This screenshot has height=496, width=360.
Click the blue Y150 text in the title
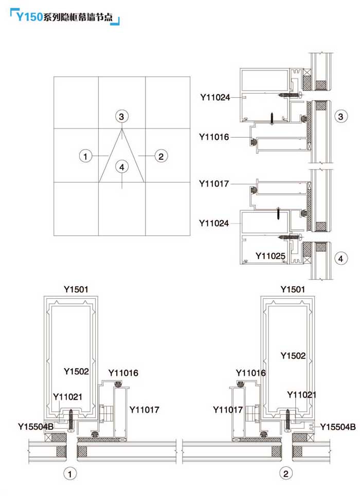tap(29, 16)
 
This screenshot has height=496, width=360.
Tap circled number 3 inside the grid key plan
tap(121, 116)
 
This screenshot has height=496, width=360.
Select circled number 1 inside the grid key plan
tap(85, 156)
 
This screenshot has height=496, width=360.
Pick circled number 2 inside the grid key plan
tap(161, 156)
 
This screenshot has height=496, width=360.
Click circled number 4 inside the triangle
tap(122, 167)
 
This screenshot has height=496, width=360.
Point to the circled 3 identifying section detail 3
tap(340, 116)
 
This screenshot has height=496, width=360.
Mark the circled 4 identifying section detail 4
tap(340, 259)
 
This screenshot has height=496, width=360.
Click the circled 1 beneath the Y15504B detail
tap(70, 474)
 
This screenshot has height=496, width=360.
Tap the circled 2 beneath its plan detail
tap(285, 473)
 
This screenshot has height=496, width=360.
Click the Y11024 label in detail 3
tap(215, 97)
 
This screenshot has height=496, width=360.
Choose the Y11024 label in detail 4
tap(214, 223)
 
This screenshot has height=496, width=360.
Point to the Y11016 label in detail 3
tap(214, 137)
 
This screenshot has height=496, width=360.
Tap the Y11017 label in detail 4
tap(214, 183)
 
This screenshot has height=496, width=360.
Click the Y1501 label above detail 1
tap(76, 289)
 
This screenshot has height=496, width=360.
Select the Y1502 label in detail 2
tap(293, 356)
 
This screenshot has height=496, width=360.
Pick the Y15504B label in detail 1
tap(36, 427)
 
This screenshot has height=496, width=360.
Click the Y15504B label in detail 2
tap(338, 427)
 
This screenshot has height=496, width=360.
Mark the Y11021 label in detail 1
tap(68, 397)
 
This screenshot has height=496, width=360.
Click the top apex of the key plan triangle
tap(122, 128)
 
